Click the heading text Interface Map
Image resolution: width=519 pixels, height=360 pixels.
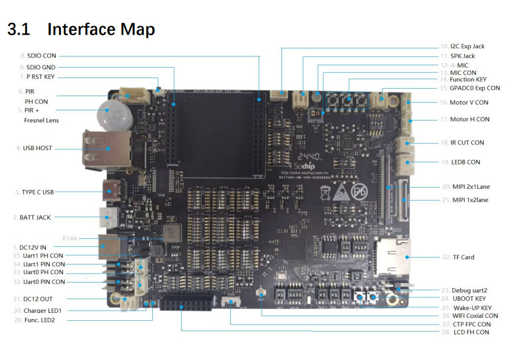[x=101, y=29]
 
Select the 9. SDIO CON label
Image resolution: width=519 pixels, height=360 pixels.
[x=38, y=56]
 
